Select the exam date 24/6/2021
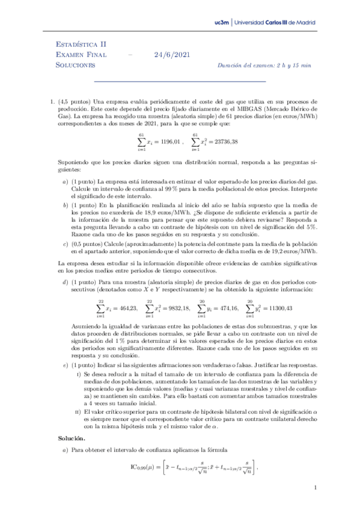pyautogui.click(x=172, y=55)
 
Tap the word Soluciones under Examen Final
pyautogui.click(x=75, y=65)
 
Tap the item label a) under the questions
pyautogui.click(x=65, y=182)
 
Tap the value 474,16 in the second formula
pyautogui.click(x=227, y=308)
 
